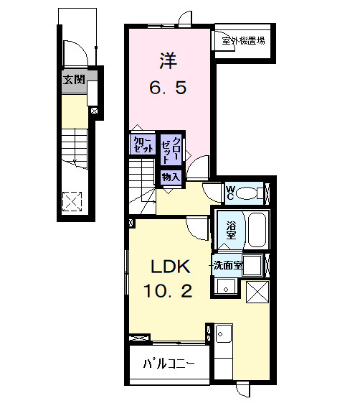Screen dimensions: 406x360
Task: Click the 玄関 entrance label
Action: [x=73, y=80]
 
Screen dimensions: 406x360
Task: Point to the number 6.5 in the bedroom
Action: [x=168, y=88]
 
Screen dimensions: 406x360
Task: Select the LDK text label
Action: [x=170, y=267]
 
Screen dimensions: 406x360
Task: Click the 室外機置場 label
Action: [x=242, y=40]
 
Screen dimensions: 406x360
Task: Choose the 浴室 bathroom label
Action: [x=231, y=230]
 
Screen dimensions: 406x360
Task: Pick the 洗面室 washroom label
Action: [x=227, y=266]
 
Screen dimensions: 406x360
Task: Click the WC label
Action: [x=231, y=192]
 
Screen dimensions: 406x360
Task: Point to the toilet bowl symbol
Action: [x=250, y=193]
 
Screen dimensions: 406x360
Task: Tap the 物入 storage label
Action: [x=170, y=177]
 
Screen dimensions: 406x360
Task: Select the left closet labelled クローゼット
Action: [x=142, y=144]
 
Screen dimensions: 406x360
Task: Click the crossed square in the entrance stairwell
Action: [x=72, y=201]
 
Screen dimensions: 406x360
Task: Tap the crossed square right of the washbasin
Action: [x=256, y=292]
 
